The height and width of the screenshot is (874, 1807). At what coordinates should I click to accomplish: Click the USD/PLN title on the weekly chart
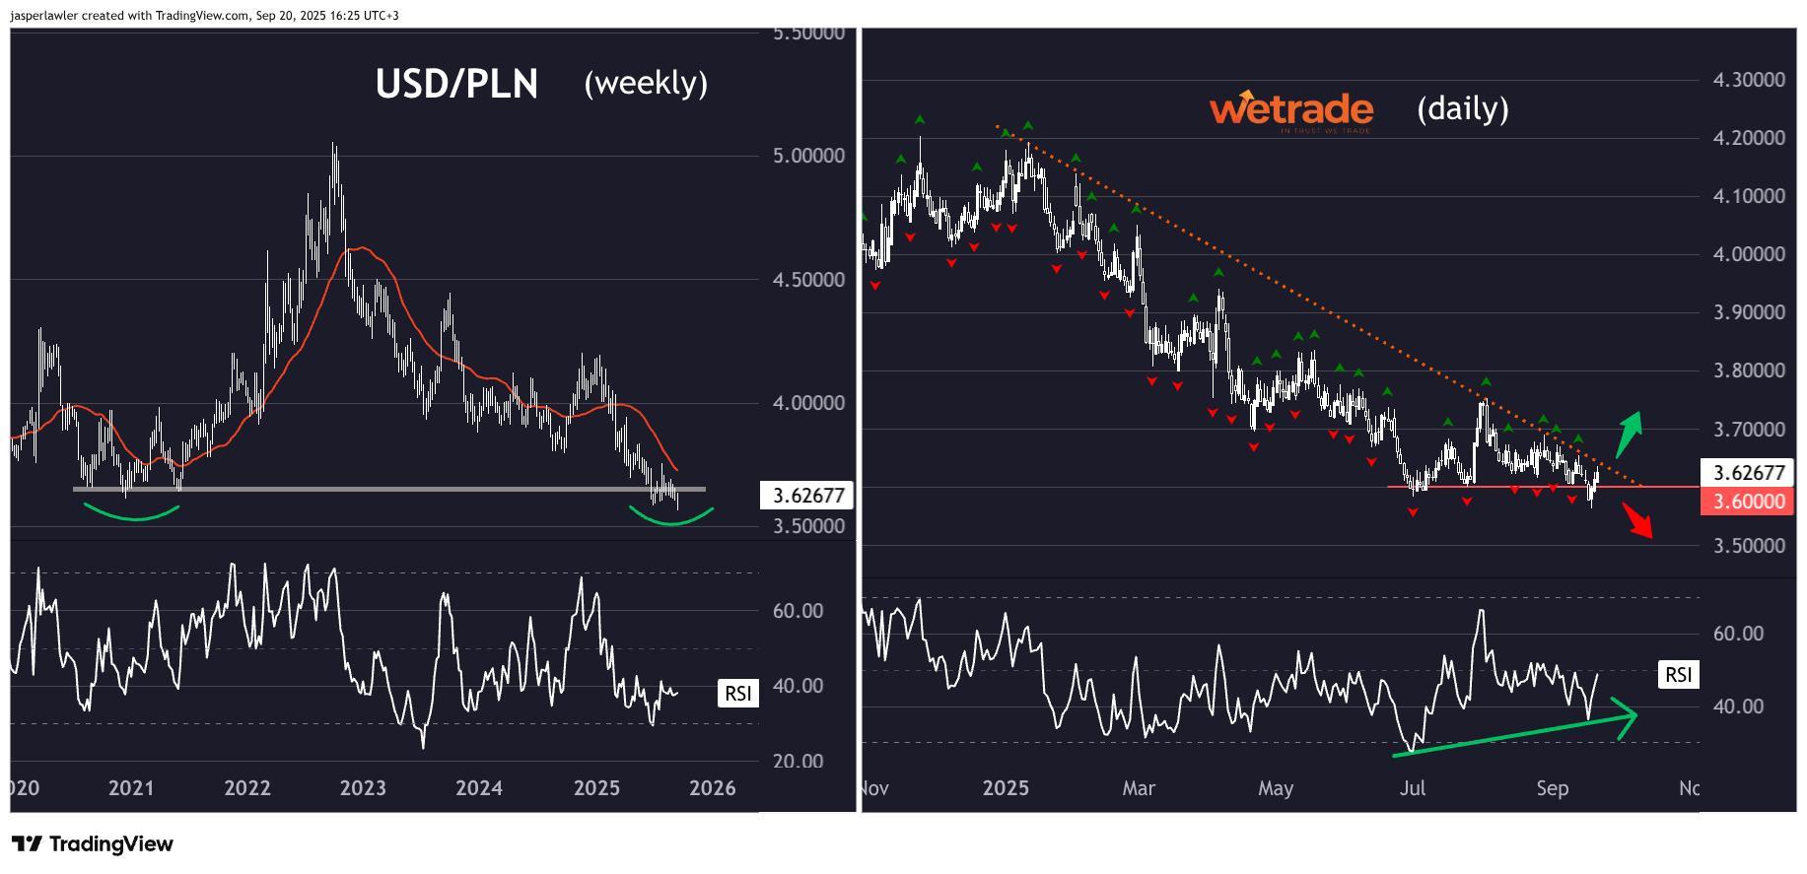[456, 85]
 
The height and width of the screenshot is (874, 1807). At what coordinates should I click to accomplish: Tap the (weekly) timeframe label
[646, 83]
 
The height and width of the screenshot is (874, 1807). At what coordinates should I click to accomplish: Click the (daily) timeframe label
[1462, 107]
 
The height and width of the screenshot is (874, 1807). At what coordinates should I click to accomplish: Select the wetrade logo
[1290, 110]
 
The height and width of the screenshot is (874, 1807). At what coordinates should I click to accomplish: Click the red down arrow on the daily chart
[1638, 519]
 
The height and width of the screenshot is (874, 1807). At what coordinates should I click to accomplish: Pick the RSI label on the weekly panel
[738, 694]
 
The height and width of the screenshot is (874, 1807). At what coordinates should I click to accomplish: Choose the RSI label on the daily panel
[1678, 674]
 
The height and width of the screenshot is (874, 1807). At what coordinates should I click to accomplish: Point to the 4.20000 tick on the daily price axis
[1749, 138]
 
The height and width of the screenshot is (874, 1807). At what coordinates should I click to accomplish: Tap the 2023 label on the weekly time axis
[363, 788]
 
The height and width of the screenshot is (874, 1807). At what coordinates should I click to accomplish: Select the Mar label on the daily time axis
[1139, 788]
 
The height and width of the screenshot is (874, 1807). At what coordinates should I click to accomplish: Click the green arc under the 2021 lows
[131, 514]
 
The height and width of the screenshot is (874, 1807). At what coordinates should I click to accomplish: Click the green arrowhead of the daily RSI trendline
[1627, 715]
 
